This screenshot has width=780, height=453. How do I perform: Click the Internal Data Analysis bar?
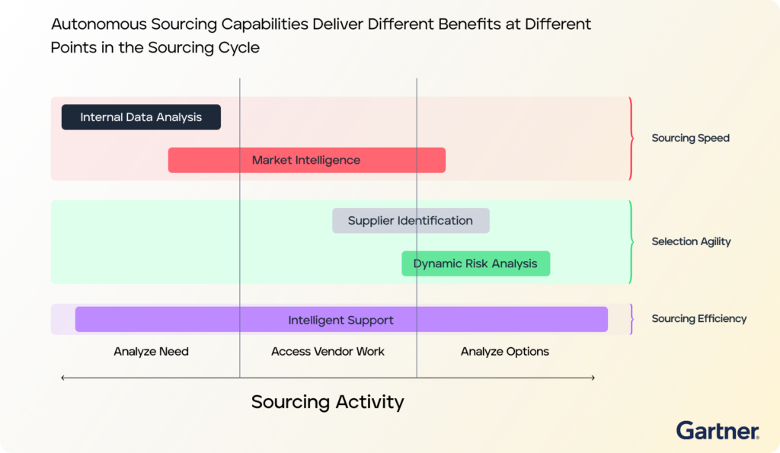pyautogui.click(x=141, y=117)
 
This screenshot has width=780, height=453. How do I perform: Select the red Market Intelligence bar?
pyautogui.click(x=307, y=160)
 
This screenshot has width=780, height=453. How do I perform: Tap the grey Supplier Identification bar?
pyautogui.click(x=411, y=221)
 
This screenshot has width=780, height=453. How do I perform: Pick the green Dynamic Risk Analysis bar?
pyautogui.click(x=476, y=263)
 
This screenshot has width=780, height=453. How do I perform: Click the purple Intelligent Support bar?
pyautogui.click(x=341, y=319)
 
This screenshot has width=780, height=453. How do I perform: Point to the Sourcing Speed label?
pyautogui.click(x=690, y=139)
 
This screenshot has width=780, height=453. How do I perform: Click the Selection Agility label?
pyautogui.click(x=691, y=241)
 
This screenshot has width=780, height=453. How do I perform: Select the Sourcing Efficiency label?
pyautogui.click(x=699, y=319)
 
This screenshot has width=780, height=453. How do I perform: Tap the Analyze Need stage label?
pyautogui.click(x=152, y=352)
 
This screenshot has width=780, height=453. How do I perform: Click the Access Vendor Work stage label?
pyautogui.click(x=328, y=352)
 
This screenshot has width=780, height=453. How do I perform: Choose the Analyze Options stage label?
pyautogui.click(x=505, y=352)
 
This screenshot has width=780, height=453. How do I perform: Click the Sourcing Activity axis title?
pyautogui.click(x=328, y=402)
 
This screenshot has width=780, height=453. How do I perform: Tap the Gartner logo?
pyautogui.click(x=718, y=431)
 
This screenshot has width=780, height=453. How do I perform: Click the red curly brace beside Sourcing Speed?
pyautogui.click(x=631, y=139)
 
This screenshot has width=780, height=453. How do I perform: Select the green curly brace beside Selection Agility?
pyautogui.click(x=631, y=241)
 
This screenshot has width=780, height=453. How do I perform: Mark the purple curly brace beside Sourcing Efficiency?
pyautogui.click(x=631, y=319)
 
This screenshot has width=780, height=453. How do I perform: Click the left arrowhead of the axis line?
pyautogui.click(x=62, y=378)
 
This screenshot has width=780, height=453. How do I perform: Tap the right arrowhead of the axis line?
pyautogui.click(x=593, y=378)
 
